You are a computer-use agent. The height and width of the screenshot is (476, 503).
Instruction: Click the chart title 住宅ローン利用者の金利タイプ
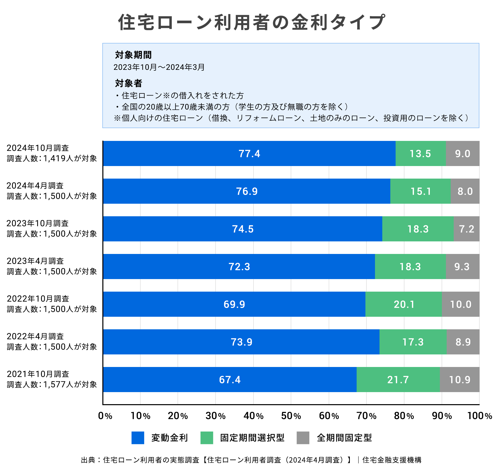252,22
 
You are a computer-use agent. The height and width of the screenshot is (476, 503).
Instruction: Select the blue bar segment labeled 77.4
249,153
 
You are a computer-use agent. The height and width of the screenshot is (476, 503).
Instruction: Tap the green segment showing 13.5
421,153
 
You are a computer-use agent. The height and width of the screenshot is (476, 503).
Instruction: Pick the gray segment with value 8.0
465,191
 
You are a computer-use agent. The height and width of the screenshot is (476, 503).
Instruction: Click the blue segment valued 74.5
243,229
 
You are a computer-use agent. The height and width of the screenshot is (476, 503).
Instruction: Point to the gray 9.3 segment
462,267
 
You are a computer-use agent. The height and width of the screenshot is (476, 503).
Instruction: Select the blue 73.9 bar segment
241,342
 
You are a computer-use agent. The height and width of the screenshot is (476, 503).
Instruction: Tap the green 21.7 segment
398,380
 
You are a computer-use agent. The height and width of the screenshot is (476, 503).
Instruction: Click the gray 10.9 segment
459,380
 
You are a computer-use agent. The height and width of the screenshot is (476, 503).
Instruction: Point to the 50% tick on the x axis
291,416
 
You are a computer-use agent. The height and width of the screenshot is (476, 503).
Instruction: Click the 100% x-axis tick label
479,416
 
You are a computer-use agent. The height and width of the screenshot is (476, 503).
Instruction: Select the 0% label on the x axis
105,416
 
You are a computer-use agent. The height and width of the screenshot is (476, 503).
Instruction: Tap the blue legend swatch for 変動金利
138,438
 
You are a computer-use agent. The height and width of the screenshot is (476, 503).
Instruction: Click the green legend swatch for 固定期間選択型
206,438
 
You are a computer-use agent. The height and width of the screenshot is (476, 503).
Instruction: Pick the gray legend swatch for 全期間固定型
303,438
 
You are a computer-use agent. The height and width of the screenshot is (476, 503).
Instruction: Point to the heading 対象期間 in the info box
133,55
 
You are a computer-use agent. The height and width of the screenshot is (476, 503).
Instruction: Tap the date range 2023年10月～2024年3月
159,67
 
